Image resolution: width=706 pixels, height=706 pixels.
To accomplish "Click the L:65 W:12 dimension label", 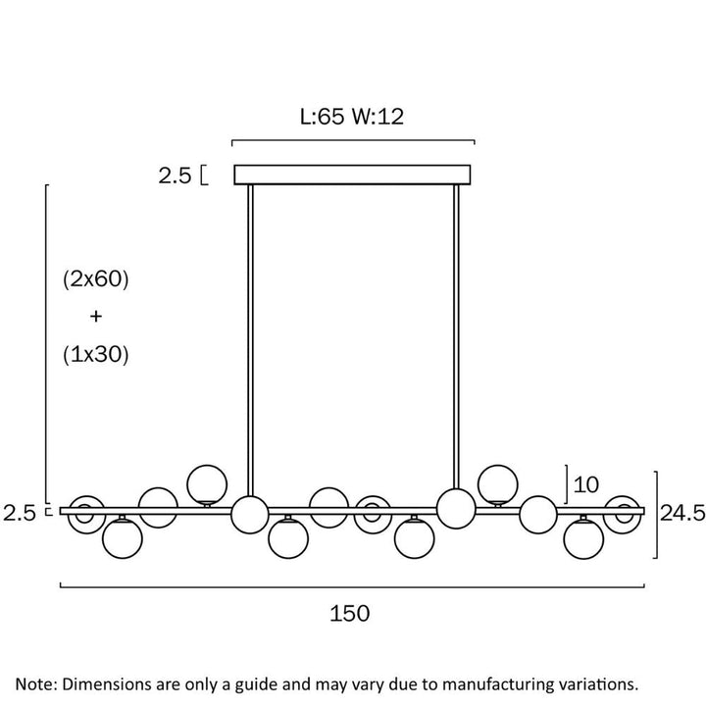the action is [352, 117].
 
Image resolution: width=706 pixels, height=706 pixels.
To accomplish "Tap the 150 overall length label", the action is [350, 613].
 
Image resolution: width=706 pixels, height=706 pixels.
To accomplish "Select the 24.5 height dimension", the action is [682, 513].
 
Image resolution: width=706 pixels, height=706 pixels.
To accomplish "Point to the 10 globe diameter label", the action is [586, 485].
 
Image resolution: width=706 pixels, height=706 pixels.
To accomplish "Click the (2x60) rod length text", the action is [96, 279].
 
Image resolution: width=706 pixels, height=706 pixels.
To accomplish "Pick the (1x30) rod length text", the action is [96, 354].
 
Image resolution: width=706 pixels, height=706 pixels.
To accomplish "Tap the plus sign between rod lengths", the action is [96, 317].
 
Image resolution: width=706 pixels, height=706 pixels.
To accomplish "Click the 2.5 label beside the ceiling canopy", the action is [175, 176].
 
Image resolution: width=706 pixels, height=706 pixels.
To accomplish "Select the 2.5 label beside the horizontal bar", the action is [19, 513].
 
